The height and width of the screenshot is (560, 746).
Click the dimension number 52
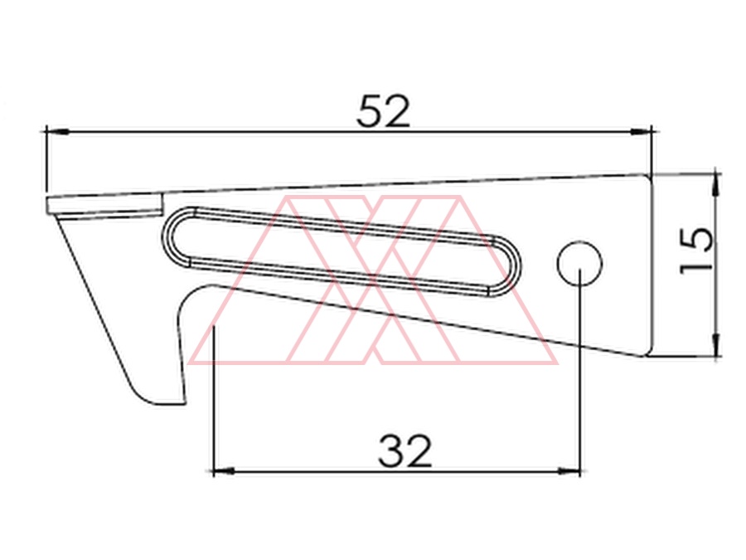[383, 111]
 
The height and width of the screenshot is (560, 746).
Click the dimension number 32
[404, 450]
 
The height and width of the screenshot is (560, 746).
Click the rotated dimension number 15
[696, 251]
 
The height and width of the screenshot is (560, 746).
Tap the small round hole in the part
[579, 263]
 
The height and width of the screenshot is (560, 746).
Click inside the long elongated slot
[342, 251]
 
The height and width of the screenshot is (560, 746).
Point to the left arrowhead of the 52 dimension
[57, 131]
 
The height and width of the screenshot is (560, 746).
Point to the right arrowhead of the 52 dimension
[641, 131]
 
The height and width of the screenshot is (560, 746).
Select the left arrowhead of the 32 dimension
[224, 471]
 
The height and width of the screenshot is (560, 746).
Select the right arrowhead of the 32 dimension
[569, 471]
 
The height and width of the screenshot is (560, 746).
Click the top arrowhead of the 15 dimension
[716, 186]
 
